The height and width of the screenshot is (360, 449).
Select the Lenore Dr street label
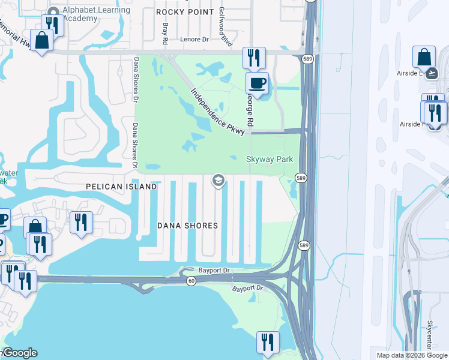click(193, 40)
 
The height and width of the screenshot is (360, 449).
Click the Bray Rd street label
click(165, 34)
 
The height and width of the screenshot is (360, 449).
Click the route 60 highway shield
click(190, 281)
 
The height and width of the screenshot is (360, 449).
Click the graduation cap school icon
click(218, 180)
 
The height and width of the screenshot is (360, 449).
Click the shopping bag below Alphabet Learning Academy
click(42, 40)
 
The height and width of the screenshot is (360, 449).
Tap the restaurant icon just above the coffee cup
click(253, 58)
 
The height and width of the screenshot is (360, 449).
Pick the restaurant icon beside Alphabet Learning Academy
click(53, 25)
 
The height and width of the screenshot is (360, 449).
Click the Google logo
click(19, 353)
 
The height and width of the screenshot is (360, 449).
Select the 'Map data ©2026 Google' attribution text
click(411, 355)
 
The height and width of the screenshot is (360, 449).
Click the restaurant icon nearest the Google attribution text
click(267, 342)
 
